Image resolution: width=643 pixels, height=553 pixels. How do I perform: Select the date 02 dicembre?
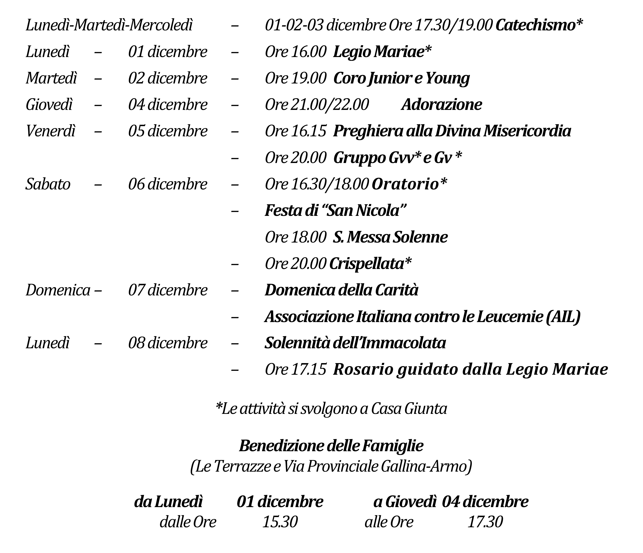(168, 78)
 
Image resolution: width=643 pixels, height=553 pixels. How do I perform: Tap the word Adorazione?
(441, 105)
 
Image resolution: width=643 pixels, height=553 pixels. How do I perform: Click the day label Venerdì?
(51, 131)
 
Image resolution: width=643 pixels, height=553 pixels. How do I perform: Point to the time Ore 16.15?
(295, 131)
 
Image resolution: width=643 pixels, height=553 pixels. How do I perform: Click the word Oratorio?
(406, 184)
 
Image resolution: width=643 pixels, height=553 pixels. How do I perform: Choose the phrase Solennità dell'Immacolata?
(355, 343)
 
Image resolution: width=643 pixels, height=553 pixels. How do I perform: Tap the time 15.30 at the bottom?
(280, 522)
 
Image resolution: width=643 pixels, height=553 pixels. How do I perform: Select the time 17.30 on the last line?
(485, 522)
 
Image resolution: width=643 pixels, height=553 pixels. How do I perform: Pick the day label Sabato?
(48, 184)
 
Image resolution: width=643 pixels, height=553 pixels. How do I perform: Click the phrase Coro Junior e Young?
(401, 78)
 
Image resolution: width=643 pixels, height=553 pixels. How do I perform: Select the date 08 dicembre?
(168, 343)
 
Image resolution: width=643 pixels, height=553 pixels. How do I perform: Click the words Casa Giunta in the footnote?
(409, 409)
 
